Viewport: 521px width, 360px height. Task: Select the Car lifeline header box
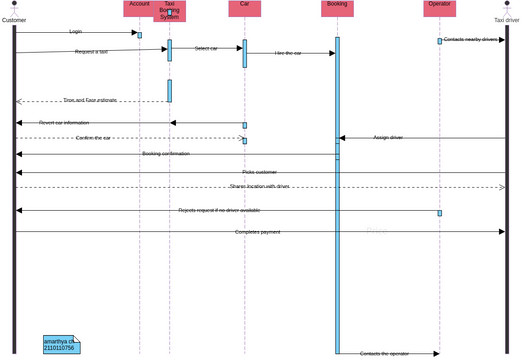244,8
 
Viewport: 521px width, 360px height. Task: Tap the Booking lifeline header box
337,8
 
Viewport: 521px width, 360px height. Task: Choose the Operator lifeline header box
439,8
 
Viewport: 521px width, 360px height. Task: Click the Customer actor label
14,20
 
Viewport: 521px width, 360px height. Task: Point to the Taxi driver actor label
507,20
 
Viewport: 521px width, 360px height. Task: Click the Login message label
76,32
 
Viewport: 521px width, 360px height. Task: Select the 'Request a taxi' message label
91,51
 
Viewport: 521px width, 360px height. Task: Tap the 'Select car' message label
206,48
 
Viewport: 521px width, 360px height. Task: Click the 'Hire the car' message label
288,53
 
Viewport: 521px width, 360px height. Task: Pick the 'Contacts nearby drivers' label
470,40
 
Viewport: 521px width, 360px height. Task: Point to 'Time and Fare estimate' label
90,100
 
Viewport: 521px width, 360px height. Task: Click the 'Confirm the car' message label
93,138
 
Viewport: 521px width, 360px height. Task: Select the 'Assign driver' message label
388,137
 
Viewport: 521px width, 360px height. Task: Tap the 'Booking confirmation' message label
165,154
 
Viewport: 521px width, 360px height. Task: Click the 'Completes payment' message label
257,232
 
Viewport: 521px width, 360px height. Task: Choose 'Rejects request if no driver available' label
219,210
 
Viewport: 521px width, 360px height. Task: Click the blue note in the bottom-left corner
60,344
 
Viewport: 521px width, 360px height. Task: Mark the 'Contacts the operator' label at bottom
384,353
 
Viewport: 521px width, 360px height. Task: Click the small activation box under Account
139,35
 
